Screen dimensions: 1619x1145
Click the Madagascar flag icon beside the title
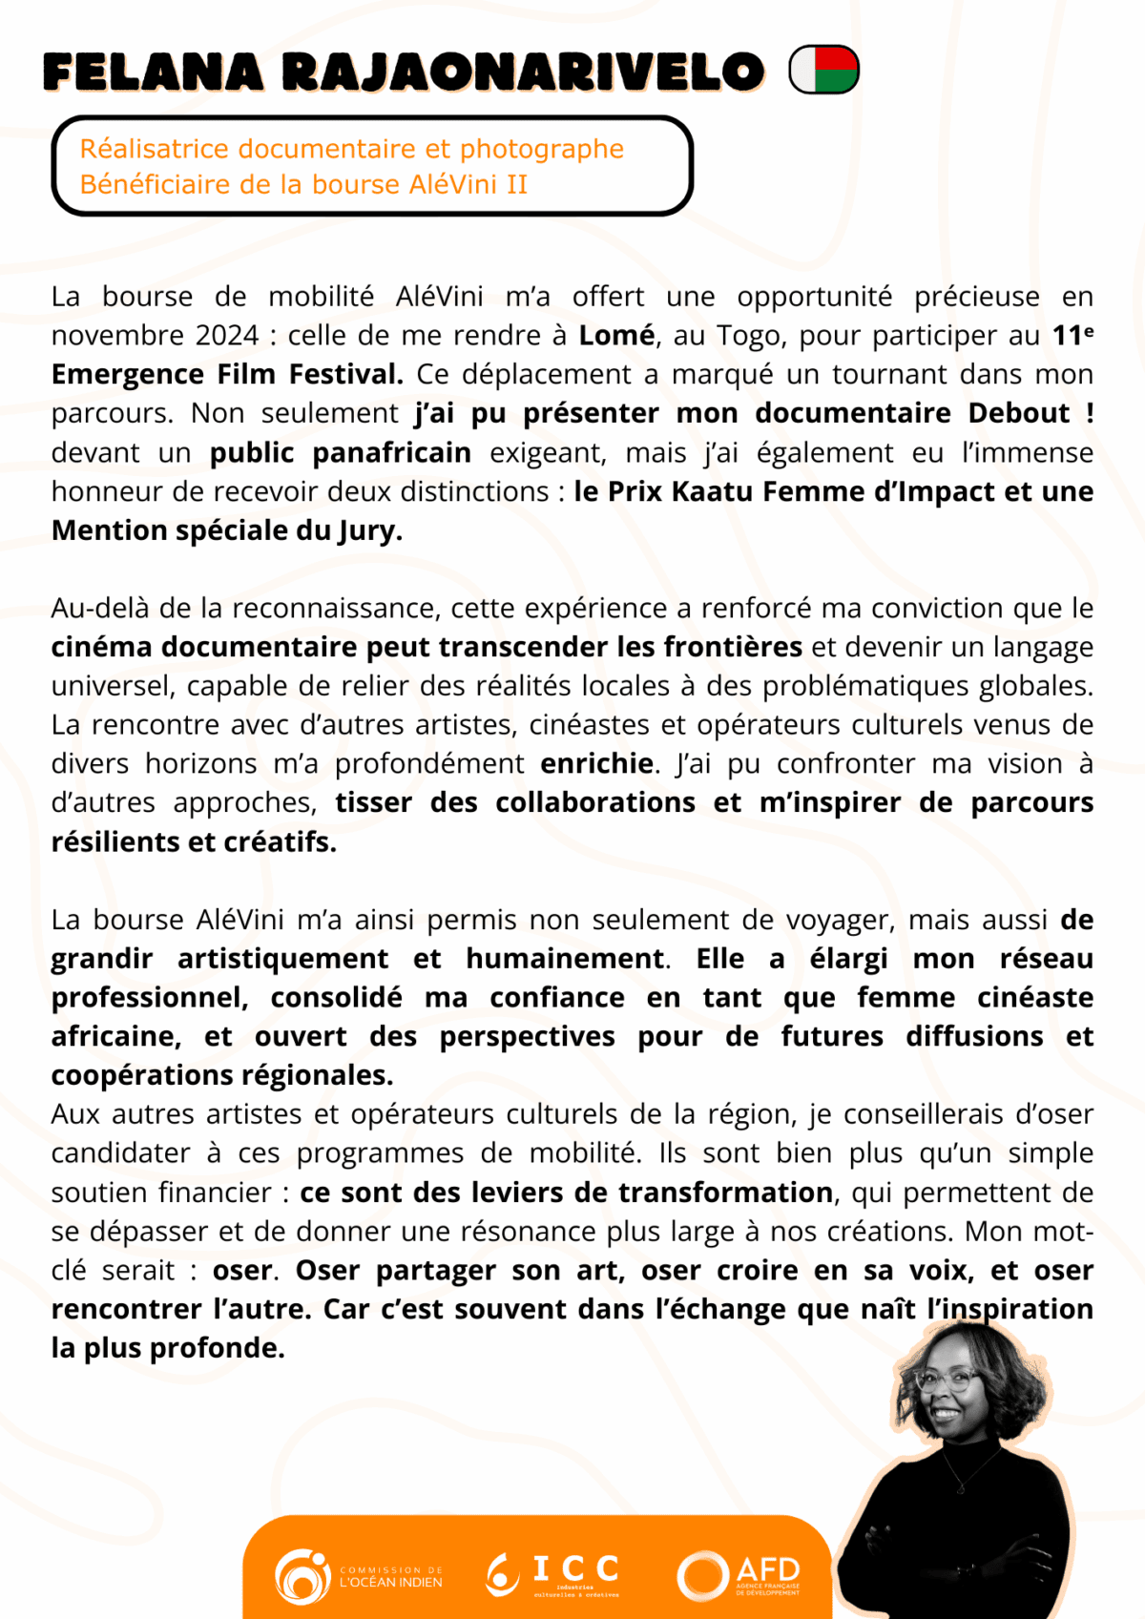[824, 70]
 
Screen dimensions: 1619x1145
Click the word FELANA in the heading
[153, 73]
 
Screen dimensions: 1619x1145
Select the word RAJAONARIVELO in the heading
[524, 73]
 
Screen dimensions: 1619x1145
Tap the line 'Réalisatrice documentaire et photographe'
[351, 150]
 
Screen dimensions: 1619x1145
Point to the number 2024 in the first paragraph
[227, 336]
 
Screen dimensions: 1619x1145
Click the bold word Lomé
[616, 336]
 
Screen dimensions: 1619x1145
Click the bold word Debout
[1018, 413]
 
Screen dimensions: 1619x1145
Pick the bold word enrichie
[597, 764]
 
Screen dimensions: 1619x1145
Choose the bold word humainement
[565, 959]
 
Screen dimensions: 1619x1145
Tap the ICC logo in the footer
[553, 1574]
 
